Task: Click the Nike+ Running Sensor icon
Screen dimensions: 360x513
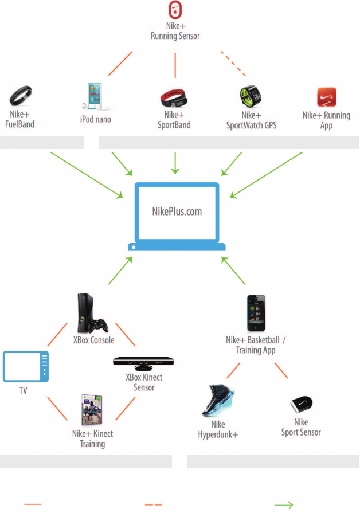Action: coord(175,10)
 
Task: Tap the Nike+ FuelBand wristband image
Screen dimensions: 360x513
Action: coord(20,96)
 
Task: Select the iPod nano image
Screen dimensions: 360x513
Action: coord(95,96)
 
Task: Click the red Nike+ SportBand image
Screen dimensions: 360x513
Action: coord(174,98)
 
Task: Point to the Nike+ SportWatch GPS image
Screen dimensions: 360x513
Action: coord(251,96)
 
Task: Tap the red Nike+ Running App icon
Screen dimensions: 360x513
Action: coord(326,97)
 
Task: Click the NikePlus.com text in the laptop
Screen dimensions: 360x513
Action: coord(177,212)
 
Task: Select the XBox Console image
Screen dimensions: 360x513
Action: coord(92,313)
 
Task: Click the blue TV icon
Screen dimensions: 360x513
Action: coord(26,366)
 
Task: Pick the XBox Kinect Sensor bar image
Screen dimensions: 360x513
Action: coord(143,363)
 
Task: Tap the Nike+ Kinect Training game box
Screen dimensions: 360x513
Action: coord(92,410)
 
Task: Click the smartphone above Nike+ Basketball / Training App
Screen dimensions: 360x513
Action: coord(256,313)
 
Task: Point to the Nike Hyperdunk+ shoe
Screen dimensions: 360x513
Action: coord(218,400)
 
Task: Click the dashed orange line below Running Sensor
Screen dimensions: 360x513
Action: coord(233,64)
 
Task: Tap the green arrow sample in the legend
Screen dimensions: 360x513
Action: coord(283,505)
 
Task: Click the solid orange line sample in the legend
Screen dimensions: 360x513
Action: coord(33,504)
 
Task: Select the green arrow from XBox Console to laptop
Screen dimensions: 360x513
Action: coord(120,271)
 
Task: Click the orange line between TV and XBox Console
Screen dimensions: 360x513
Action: coord(57,335)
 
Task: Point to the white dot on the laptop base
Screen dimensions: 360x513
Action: coord(134,248)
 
